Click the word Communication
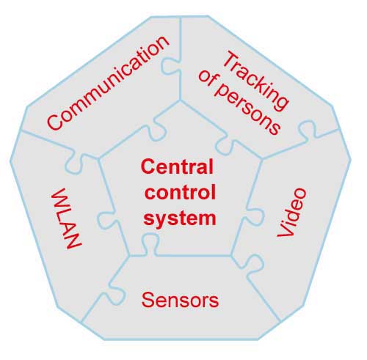coord(108,83)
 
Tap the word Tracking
coord(255,80)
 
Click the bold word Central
coord(177,166)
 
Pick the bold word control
coord(180,192)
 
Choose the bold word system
coord(180,218)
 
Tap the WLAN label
coord(66,218)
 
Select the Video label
coord(291,212)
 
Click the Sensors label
coord(180,300)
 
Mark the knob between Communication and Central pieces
coord(157,130)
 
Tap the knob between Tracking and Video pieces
coord(308,130)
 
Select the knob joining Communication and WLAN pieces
coord(75,164)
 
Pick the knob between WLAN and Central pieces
coord(107,220)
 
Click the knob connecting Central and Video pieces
coord(255,217)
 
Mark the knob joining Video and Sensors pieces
coord(254,265)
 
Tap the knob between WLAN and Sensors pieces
coord(115,295)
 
